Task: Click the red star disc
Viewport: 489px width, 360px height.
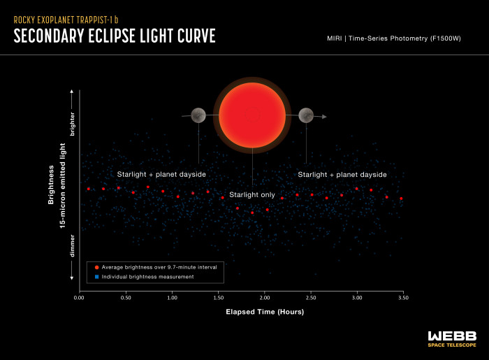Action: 252,115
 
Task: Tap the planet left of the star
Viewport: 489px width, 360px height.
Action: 198,115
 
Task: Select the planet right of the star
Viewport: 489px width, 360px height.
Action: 305,115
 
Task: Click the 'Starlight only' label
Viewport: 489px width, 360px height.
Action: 252,195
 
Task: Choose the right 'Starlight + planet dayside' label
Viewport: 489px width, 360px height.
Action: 342,174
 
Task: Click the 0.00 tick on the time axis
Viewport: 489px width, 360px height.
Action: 78,298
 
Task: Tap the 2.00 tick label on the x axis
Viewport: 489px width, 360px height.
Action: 264,298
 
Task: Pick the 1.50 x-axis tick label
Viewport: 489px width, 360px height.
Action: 218,298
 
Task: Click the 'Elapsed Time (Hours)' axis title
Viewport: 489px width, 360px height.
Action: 263,311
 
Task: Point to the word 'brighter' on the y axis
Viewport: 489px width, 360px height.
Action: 72,124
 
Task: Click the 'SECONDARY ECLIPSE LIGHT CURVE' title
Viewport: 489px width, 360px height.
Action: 114,36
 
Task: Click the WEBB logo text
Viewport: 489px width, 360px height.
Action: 452,335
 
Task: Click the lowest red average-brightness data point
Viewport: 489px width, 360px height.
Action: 252,212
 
